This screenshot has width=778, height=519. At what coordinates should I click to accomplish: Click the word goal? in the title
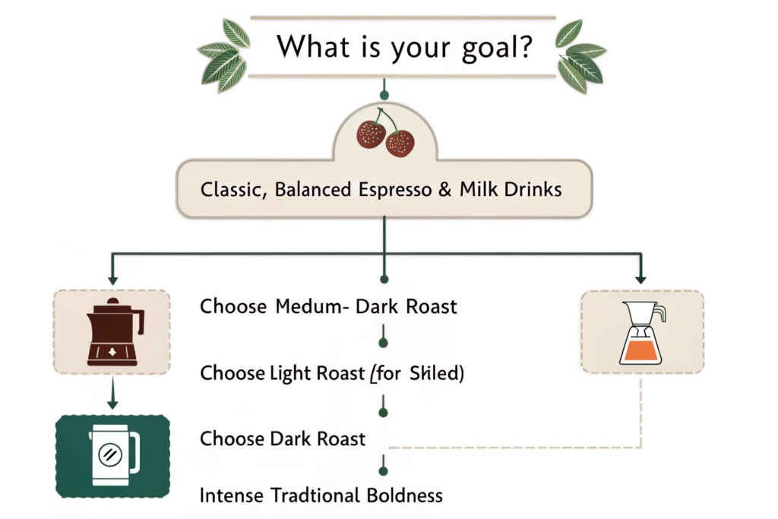point(497,48)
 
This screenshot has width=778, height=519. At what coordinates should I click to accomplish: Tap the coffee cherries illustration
point(385,133)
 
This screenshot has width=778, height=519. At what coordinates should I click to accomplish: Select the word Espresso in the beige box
point(395,190)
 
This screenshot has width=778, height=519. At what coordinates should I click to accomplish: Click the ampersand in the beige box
point(445,189)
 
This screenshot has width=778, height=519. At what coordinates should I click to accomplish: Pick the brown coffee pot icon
point(115,332)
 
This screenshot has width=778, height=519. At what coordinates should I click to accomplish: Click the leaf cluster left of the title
point(224,55)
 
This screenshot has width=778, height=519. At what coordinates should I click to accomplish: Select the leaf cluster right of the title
point(580,56)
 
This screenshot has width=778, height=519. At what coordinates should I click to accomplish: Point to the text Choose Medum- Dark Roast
point(328,307)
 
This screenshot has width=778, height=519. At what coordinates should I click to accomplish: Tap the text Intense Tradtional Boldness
point(321,495)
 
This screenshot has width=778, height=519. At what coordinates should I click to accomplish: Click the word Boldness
point(404,495)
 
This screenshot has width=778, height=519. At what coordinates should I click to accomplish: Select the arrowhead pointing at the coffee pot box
point(112,280)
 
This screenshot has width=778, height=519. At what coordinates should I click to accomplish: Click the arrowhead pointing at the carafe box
point(640,279)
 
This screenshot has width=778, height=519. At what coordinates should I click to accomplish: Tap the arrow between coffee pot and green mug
point(112,393)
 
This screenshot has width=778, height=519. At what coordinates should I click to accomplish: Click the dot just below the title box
point(384,95)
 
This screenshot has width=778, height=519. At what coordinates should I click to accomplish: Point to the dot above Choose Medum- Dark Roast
point(384,280)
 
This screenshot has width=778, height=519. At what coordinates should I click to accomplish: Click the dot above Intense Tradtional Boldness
point(383,471)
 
